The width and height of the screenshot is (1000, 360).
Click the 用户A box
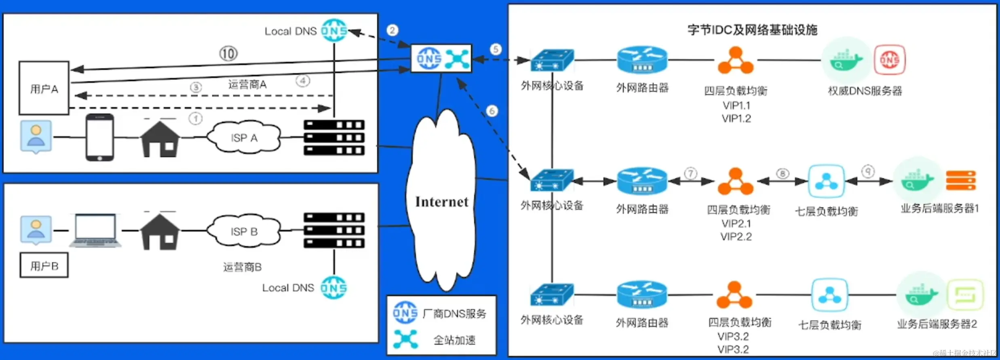pos(44,88)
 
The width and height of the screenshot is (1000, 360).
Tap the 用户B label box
pos(44,265)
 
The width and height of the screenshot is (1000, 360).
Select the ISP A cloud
pos(244,138)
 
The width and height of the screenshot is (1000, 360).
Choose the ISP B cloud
pos(244,231)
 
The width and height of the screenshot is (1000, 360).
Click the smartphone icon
pos(99,137)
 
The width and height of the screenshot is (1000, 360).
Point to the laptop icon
pos(95,230)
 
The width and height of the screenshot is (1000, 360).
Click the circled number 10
pos(228,53)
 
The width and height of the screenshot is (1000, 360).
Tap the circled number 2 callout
pos(392,30)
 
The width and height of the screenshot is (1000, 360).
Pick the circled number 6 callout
pos(492,111)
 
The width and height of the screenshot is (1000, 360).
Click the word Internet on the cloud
pos(442,202)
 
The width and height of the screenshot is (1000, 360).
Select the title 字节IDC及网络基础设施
pos(752,30)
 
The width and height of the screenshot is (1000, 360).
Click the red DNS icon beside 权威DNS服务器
pos(890,60)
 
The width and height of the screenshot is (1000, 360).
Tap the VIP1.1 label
pos(736,105)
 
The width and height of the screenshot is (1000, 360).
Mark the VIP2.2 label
pos(736,237)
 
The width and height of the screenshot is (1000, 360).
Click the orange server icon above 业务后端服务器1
pos(961,180)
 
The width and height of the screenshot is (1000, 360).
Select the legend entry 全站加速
pos(454,340)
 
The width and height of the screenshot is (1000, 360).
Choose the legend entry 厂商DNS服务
pos(454,314)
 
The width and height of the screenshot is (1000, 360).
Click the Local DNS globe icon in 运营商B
pos(334,288)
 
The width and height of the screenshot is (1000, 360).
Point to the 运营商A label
pos(247,84)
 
